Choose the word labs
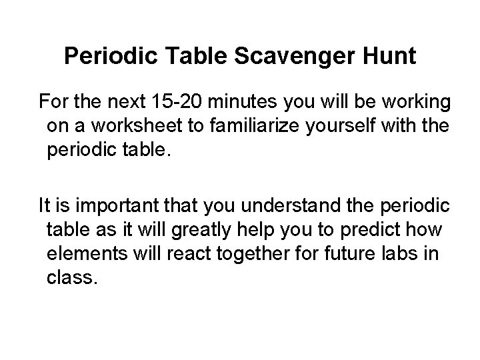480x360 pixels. (410, 253)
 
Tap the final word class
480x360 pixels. (72, 277)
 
